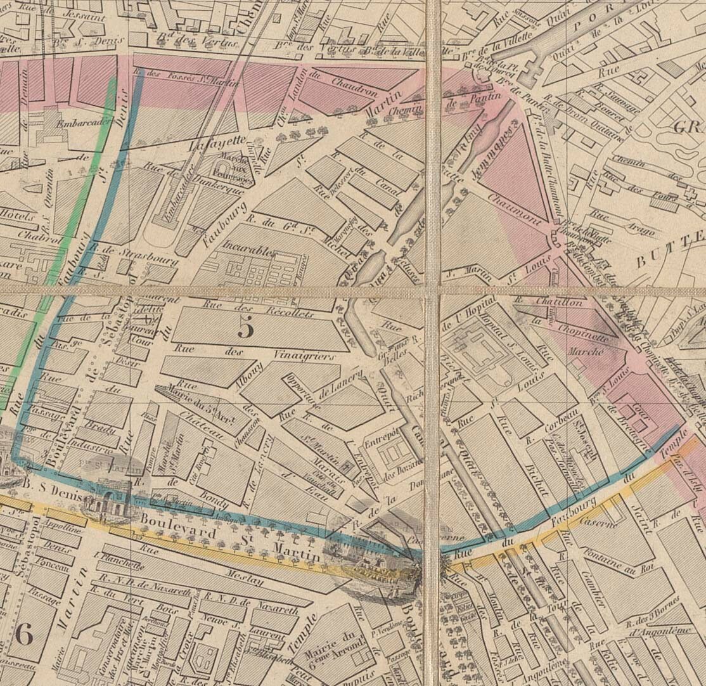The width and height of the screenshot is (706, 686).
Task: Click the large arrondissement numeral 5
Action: pos(246,327)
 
